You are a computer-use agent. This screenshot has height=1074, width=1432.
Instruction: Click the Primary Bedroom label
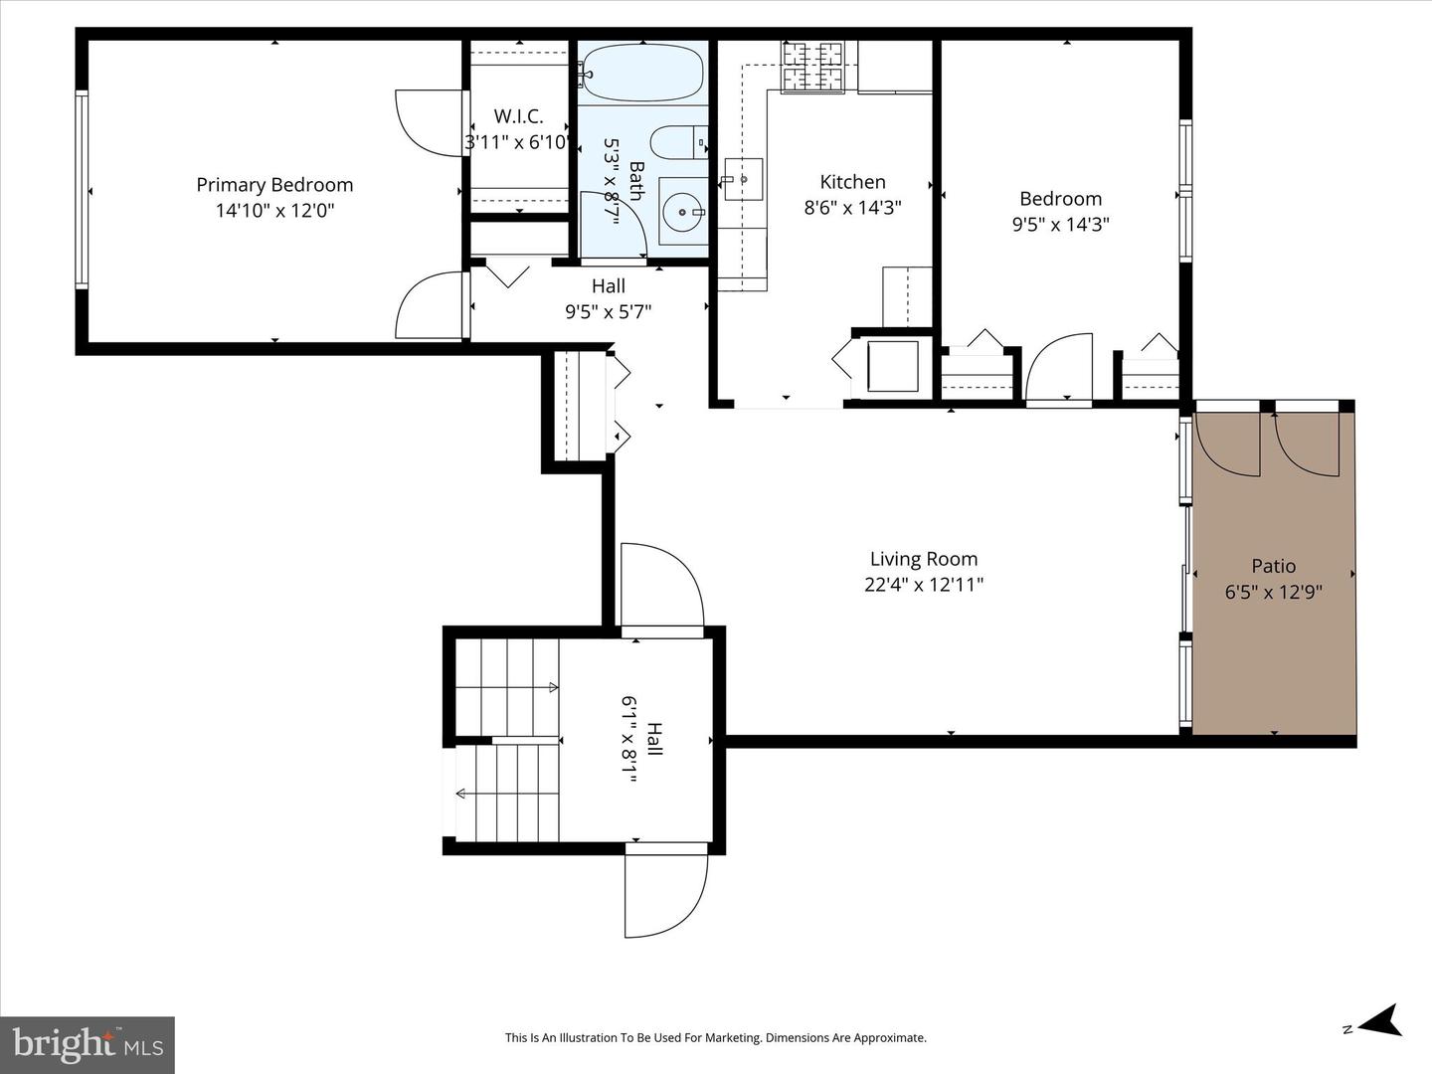pyautogui.click(x=274, y=185)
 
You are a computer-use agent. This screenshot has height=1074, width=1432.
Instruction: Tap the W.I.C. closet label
pyautogui.click(x=518, y=116)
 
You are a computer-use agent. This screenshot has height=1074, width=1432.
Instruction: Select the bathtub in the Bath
pyautogui.click(x=642, y=73)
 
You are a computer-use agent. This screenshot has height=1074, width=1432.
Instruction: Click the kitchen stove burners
pyautogui.click(x=812, y=67)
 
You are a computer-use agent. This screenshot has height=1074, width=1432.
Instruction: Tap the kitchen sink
pyautogui.click(x=742, y=179)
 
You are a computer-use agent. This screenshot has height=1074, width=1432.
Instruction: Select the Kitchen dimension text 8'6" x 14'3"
pyautogui.click(x=852, y=208)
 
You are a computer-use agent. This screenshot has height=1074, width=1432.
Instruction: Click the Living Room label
pyautogui.click(x=924, y=559)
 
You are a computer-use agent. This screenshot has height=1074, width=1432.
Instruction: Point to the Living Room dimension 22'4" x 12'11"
pyautogui.click(x=924, y=585)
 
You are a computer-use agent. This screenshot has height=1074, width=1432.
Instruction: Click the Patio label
pyautogui.click(x=1273, y=566)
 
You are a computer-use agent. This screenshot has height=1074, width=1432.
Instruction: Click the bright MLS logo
pyautogui.click(x=88, y=1044)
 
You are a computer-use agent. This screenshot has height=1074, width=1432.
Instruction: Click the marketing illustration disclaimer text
pyautogui.click(x=715, y=1037)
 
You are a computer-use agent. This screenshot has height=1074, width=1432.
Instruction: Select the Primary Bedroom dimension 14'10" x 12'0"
pyautogui.click(x=274, y=211)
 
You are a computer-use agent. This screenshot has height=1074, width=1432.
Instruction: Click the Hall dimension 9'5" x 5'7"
pyautogui.click(x=608, y=311)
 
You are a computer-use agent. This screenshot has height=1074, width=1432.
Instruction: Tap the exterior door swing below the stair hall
pyautogui.click(x=664, y=895)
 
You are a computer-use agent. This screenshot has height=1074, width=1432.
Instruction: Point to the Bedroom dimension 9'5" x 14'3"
pyautogui.click(x=1060, y=225)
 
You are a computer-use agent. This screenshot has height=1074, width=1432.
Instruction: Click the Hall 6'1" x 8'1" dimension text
pyautogui.click(x=629, y=741)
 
